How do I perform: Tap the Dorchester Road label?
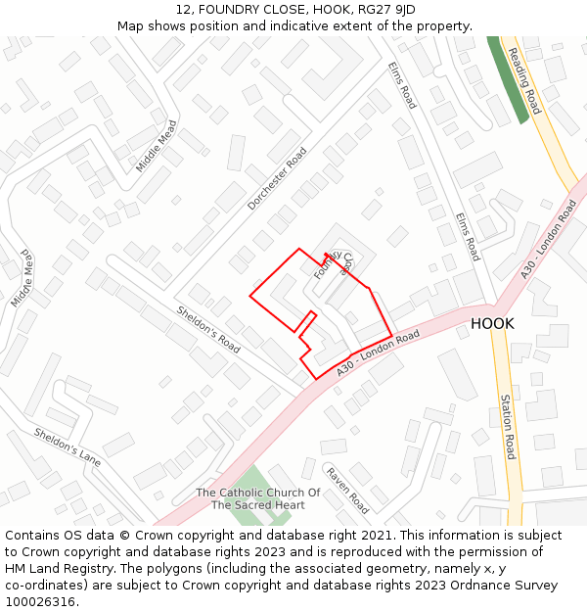[277, 178]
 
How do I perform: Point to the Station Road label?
[507, 427]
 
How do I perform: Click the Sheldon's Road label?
[208, 330]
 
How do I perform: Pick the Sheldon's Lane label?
[67, 447]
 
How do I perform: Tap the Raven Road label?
[347, 490]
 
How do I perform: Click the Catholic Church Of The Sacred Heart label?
[258, 499]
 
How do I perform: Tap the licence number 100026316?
[42, 601]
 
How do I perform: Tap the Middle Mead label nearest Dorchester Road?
[157, 146]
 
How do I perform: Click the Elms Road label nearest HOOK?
[468, 236]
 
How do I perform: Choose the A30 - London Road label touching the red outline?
[378, 353]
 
